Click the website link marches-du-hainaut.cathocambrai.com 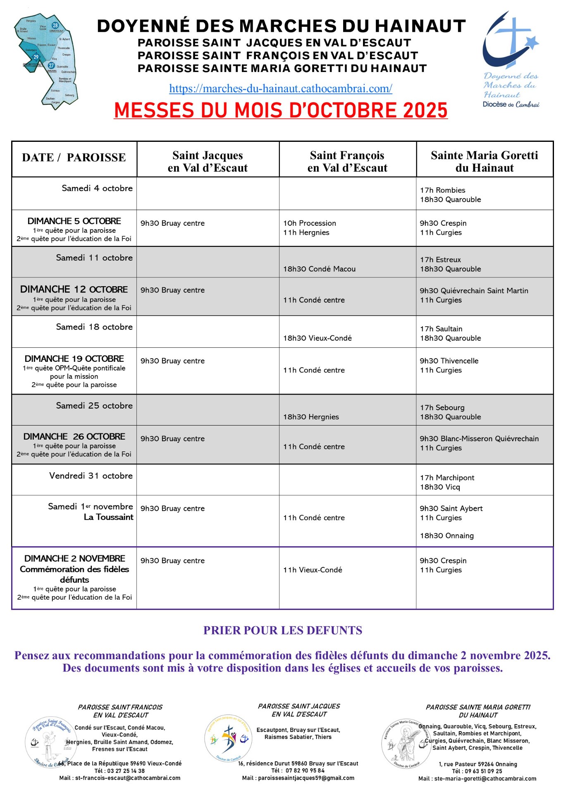tap(280, 88)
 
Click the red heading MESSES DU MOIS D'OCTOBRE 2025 tap(281, 110)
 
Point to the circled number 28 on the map tap(55, 26)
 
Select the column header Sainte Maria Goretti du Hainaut tap(484, 161)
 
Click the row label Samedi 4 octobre tap(97, 188)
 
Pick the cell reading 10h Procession tap(309, 223)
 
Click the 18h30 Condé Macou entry tap(319, 269)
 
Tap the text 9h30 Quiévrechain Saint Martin tap(474, 291)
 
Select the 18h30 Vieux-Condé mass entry tap(317, 338)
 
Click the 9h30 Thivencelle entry tap(449, 361)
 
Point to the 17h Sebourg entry tap(442, 408)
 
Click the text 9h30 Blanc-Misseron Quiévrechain tap(479, 439)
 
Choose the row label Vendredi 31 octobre tap(91, 476)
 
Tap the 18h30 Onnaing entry tap(446, 536)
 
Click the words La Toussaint tap(108, 517)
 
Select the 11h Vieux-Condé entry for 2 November tap(313, 570)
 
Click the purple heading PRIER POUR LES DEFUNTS tap(282, 631)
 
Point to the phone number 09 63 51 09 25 tap(483, 771)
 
